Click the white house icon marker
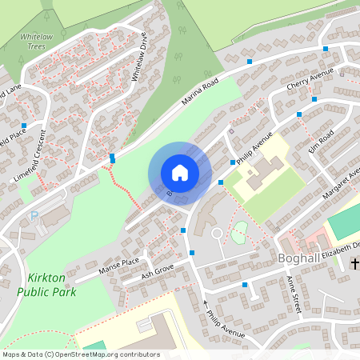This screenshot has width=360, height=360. point(180,172)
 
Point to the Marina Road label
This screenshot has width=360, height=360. point(200,94)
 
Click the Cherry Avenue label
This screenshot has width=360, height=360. point(309,86)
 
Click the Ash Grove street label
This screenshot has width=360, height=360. point(157,274)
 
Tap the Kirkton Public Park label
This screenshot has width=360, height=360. point(46,284)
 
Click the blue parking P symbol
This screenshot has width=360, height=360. point(34,215)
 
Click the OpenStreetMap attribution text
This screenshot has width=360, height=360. point(80,354)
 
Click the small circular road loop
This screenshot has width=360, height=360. point(216,234)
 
